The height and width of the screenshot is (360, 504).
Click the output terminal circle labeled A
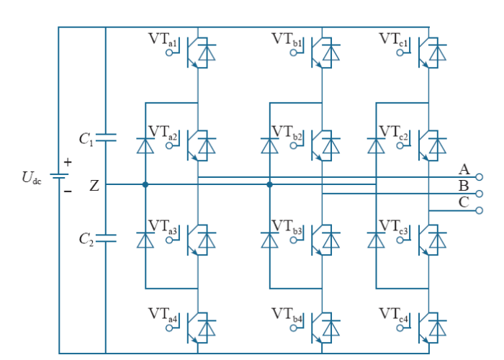(479, 177)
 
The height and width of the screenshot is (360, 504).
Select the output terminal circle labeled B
(479, 194)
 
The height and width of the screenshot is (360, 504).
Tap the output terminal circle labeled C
(479, 210)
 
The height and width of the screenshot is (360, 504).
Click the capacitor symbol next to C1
(106, 138)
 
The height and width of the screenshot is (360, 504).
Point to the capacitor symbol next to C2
(106, 238)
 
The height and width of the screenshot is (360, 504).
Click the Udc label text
(32, 177)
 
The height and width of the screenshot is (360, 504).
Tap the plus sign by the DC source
(68, 162)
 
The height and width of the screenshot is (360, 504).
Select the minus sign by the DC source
(68, 192)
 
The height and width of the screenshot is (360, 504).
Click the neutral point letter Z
(94, 186)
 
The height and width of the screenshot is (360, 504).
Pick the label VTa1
(162, 40)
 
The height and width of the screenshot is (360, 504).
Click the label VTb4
(287, 315)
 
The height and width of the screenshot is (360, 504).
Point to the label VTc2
(393, 132)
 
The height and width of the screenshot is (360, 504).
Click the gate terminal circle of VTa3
(169, 240)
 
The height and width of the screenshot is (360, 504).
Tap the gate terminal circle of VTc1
(400, 53)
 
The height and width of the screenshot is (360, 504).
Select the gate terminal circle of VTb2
(294, 145)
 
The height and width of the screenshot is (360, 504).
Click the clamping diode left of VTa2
(145, 145)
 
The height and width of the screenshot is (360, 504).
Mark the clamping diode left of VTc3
(376, 240)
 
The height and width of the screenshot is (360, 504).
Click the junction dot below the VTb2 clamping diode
(270, 184)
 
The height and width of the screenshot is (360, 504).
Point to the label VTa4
(162, 315)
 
